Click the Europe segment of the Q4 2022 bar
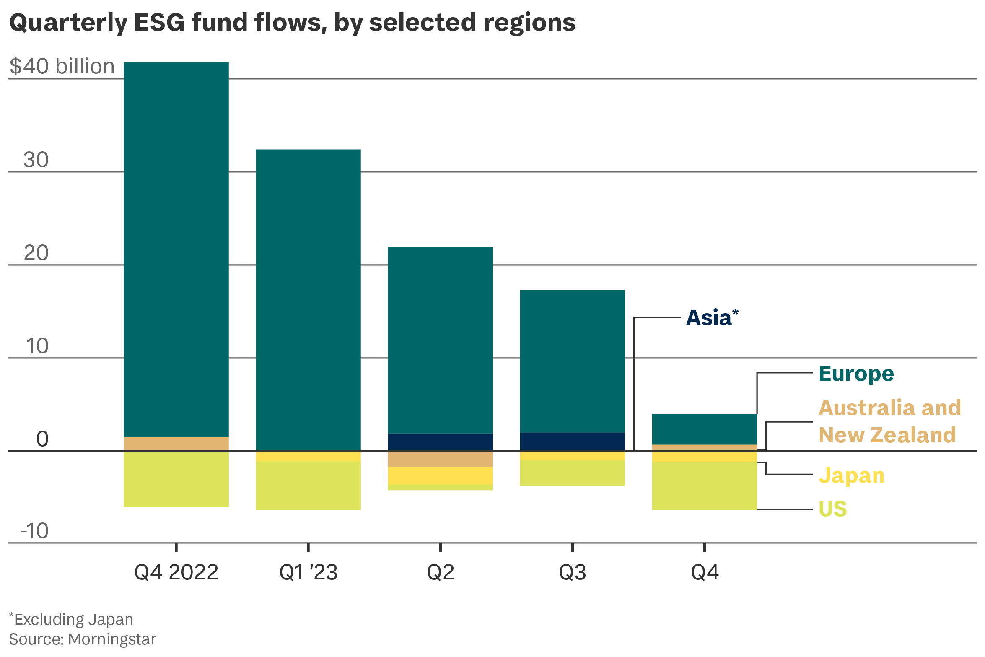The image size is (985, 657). pos(176,249)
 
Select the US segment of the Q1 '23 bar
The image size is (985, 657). pos(308,486)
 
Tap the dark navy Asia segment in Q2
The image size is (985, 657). pos(440,442)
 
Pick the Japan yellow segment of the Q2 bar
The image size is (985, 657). pos(440,475)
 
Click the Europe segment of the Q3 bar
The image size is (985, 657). pos(572,361)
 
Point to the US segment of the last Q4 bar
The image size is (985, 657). pos(704,486)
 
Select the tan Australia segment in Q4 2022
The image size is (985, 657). pos(176,444)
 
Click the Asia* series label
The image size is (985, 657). pos(712,318)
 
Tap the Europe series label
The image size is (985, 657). pos(856,374)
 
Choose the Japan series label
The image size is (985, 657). pos(851,475)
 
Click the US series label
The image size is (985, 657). pos(832,509)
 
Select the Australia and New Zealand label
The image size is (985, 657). pos(889,421)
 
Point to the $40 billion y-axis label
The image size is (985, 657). pos(62,66)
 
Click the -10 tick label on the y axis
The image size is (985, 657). pos(34,531)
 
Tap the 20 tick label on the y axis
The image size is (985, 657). pos(36,253)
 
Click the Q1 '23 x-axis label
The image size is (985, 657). pos(308,572)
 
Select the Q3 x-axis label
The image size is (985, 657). pos(572,572)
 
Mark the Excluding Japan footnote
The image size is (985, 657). pos(71,619)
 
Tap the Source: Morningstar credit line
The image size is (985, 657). pos(83,639)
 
